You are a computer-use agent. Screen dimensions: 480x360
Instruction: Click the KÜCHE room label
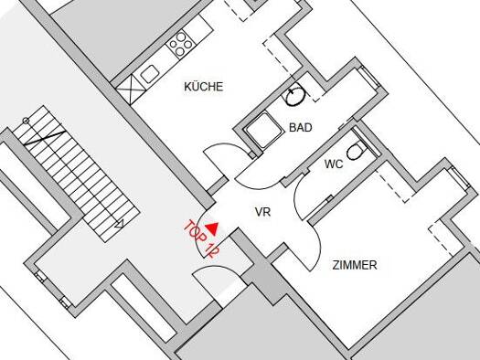pos(204,87)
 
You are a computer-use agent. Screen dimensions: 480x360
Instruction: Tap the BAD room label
pos(301,127)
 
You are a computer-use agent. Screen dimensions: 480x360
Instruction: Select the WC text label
pos(334,164)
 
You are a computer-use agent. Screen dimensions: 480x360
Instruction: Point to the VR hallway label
pos(262,212)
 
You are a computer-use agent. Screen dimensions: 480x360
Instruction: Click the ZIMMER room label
pos(355,265)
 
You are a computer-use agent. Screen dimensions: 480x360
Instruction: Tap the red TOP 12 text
pos(202,238)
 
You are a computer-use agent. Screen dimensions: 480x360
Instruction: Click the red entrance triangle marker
pos(212,228)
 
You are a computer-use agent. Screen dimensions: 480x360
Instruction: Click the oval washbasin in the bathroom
pos(295,95)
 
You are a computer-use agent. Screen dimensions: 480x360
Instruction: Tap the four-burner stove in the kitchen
pos(181,45)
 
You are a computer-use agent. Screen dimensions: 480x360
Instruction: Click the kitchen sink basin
pos(150,74)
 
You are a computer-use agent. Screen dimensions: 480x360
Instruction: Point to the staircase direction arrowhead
pos(120,225)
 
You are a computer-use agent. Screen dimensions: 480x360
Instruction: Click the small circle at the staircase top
pos(27,122)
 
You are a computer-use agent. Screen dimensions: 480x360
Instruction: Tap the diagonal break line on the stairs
pos(45,138)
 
